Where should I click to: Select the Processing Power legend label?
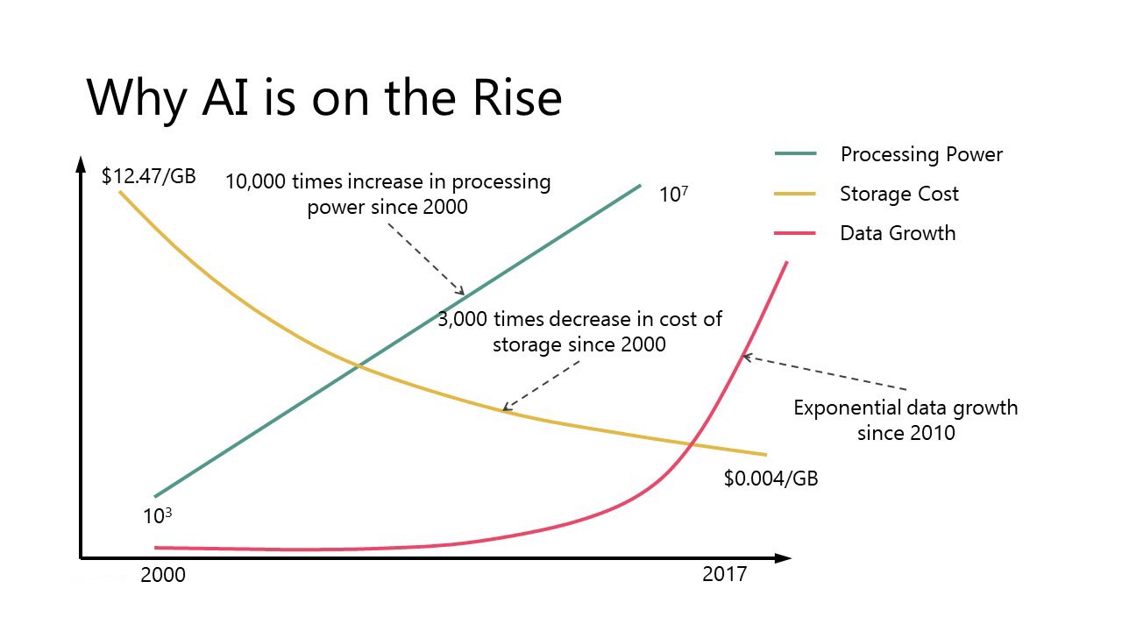point(921,155)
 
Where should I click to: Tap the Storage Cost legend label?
point(899,194)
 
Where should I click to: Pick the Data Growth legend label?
point(898,233)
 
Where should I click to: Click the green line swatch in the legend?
point(796,154)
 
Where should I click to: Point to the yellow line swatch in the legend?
point(796,194)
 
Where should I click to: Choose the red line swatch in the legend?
point(796,233)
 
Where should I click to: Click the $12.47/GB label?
point(148,176)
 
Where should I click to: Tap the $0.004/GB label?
point(770,479)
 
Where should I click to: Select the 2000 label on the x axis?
point(163,576)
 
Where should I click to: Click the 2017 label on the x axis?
point(725,575)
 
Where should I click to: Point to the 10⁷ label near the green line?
point(673,194)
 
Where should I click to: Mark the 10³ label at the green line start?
point(157,516)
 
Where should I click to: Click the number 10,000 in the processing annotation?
point(255,182)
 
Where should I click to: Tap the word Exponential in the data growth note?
point(848,408)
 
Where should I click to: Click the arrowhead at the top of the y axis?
point(81,164)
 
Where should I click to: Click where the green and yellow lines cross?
point(358,366)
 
